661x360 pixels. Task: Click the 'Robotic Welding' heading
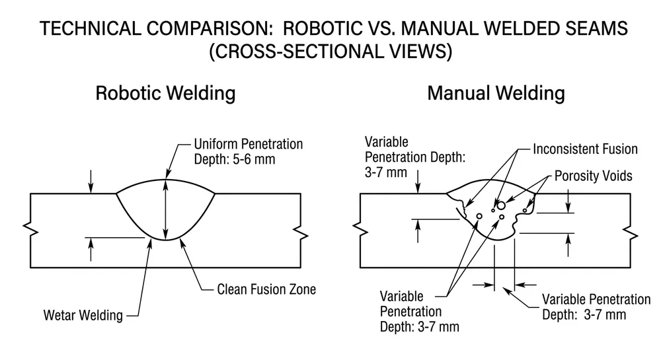[x=165, y=93]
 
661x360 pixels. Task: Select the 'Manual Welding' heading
[x=496, y=93]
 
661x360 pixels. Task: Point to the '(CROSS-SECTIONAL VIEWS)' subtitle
[x=330, y=53]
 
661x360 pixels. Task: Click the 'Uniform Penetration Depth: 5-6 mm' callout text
[x=248, y=151]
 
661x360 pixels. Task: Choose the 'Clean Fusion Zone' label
[x=266, y=289]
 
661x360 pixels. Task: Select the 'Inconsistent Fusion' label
[x=585, y=149]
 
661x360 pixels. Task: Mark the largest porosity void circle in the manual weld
[x=502, y=205]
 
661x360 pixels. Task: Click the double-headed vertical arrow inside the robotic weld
[x=165, y=209]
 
